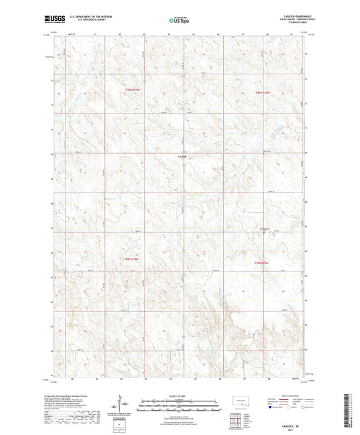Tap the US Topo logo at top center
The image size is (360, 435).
point(179,21)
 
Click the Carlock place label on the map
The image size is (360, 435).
point(181,157)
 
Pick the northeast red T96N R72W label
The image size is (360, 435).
point(262,91)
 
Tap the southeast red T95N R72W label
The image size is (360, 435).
point(261,262)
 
